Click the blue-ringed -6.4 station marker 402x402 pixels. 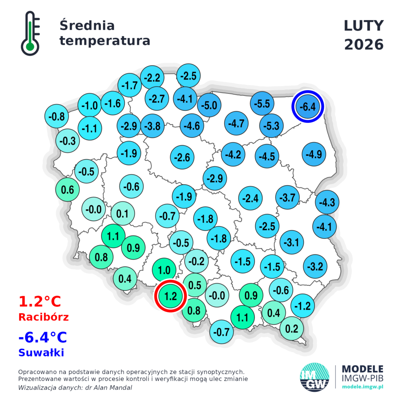308,106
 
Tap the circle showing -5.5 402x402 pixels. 262,104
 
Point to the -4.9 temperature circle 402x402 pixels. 315,154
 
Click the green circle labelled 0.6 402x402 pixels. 68,189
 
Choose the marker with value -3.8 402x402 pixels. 152,126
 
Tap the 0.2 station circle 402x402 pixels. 292,329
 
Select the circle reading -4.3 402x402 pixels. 327,203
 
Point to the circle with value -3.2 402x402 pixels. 316,267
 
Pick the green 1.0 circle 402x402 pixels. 164,270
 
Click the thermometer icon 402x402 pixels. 30,33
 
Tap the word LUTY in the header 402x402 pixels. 364,26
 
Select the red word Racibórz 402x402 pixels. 44,317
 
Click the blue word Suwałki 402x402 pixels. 41,353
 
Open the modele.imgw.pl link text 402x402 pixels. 363,387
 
